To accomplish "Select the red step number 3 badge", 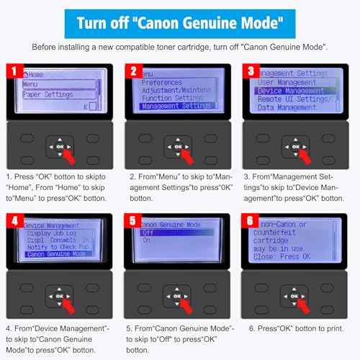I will pyautogui.click(x=251, y=71).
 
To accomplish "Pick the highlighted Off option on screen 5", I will pyautogui.click(x=173, y=233).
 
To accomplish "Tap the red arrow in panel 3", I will pyautogui.click(x=303, y=153).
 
